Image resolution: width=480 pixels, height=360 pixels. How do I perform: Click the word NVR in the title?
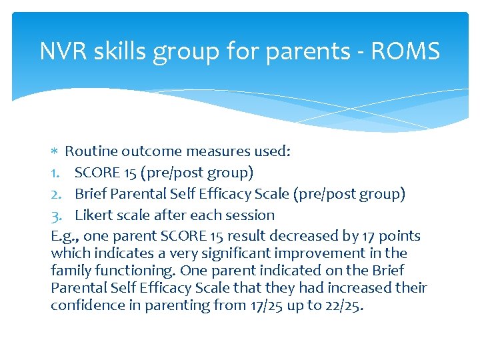63,51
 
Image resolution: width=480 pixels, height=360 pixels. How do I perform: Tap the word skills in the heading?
120,51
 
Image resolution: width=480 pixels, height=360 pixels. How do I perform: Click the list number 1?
56,173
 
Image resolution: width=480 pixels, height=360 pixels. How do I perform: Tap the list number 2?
57,194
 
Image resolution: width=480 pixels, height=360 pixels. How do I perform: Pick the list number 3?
57,215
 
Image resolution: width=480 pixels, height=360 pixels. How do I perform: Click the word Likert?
93,215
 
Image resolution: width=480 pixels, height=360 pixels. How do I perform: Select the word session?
250,215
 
